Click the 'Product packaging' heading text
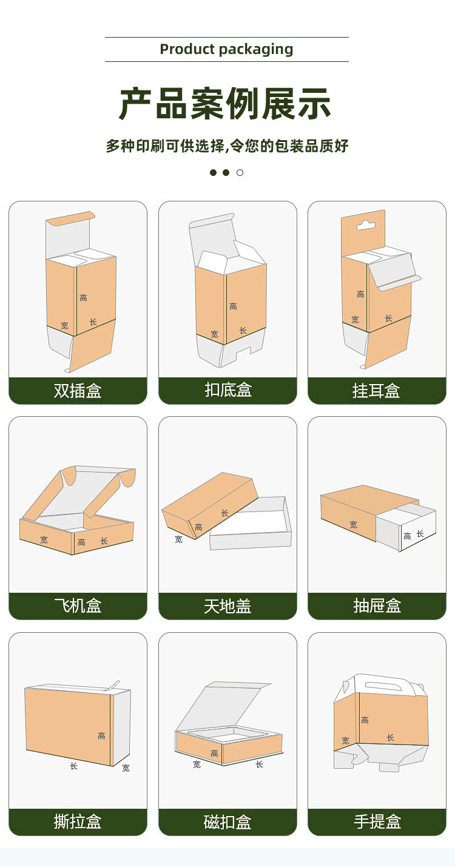[x=226, y=49]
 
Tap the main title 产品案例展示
[x=225, y=104]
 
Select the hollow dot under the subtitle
[x=240, y=173]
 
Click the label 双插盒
[x=78, y=391]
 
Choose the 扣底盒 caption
[x=227, y=390]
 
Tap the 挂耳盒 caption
[x=376, y=391]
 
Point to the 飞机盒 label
[x=78, y=606]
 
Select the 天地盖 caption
[x=227, y=606]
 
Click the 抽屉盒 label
[x=377, y=606]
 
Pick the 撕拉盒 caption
[x=78, y=822]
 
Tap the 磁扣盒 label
[x=227, y=822]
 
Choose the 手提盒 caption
[x=377, y=822]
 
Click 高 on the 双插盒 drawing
[x=83, y=298]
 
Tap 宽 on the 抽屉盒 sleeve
[x=353, y=525]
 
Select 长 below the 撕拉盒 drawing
[x=73, y=766]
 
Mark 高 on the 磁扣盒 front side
[x=214, y=754]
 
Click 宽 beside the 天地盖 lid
[x=178, y=539]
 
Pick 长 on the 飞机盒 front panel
[x=104, y=541]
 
